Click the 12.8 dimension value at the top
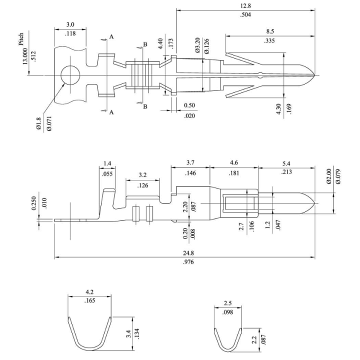click(245, 5)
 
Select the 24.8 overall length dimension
click(184, 253)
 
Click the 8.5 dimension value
click(269, 31)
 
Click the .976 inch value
click(184, 261)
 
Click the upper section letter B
click(145, 45)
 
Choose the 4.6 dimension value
click(233, 164)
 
